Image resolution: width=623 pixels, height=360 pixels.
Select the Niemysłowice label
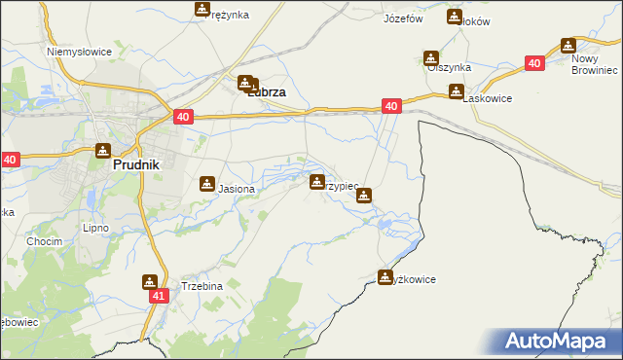pos(80,51)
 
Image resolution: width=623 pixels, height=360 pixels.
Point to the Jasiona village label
pos(237,189)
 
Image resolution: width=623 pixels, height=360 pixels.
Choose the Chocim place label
pos(45,241)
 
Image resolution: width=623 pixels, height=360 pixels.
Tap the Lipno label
pos(96,228)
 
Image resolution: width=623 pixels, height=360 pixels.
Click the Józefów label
pos(403,18)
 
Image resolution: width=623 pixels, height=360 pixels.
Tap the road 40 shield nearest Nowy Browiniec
pos(533,62)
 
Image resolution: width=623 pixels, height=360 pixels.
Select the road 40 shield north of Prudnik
pos(185,117)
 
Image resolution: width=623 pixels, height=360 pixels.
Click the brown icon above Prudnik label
pos(103,151)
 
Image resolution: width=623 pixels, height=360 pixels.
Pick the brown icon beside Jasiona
pos(207,183)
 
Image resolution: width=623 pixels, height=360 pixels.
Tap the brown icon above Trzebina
pos(150,282)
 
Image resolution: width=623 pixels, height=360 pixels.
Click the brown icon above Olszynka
pos(430,58)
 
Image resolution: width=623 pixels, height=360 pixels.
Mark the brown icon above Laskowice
pos(456,91)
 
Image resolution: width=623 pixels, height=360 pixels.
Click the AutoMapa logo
pos(555,341)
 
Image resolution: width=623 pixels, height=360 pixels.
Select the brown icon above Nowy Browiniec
pos(568,45)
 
